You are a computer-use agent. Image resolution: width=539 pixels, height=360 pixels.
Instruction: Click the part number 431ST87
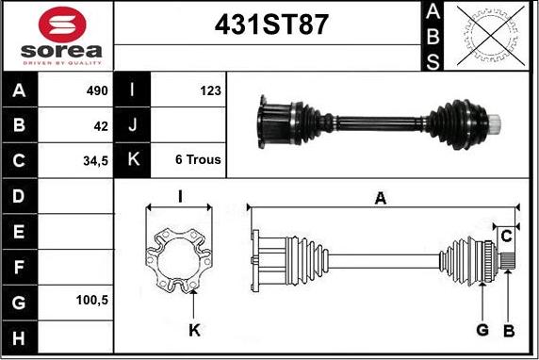click(x=271, y=25)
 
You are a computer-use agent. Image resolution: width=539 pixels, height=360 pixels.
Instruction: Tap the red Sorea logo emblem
click(x=62, y=25)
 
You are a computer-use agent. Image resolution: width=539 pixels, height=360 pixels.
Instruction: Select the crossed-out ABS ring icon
click(x=491, y=36)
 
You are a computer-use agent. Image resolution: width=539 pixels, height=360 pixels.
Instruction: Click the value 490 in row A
click(x=97, y=90)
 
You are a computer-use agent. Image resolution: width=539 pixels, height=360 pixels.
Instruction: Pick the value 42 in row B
click(x=101, y=126)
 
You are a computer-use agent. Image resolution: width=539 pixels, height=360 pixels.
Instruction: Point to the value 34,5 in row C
click(x=95, y=161)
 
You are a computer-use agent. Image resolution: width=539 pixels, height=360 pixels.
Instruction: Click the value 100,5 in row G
click(x=92, y=301)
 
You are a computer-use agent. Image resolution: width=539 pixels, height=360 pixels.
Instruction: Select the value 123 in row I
click(x=210, y=90)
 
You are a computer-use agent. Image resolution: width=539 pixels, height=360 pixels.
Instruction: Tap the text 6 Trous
click(x=198, y=159)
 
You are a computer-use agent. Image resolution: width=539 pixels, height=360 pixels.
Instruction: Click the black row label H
click(x=19, y=338)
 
